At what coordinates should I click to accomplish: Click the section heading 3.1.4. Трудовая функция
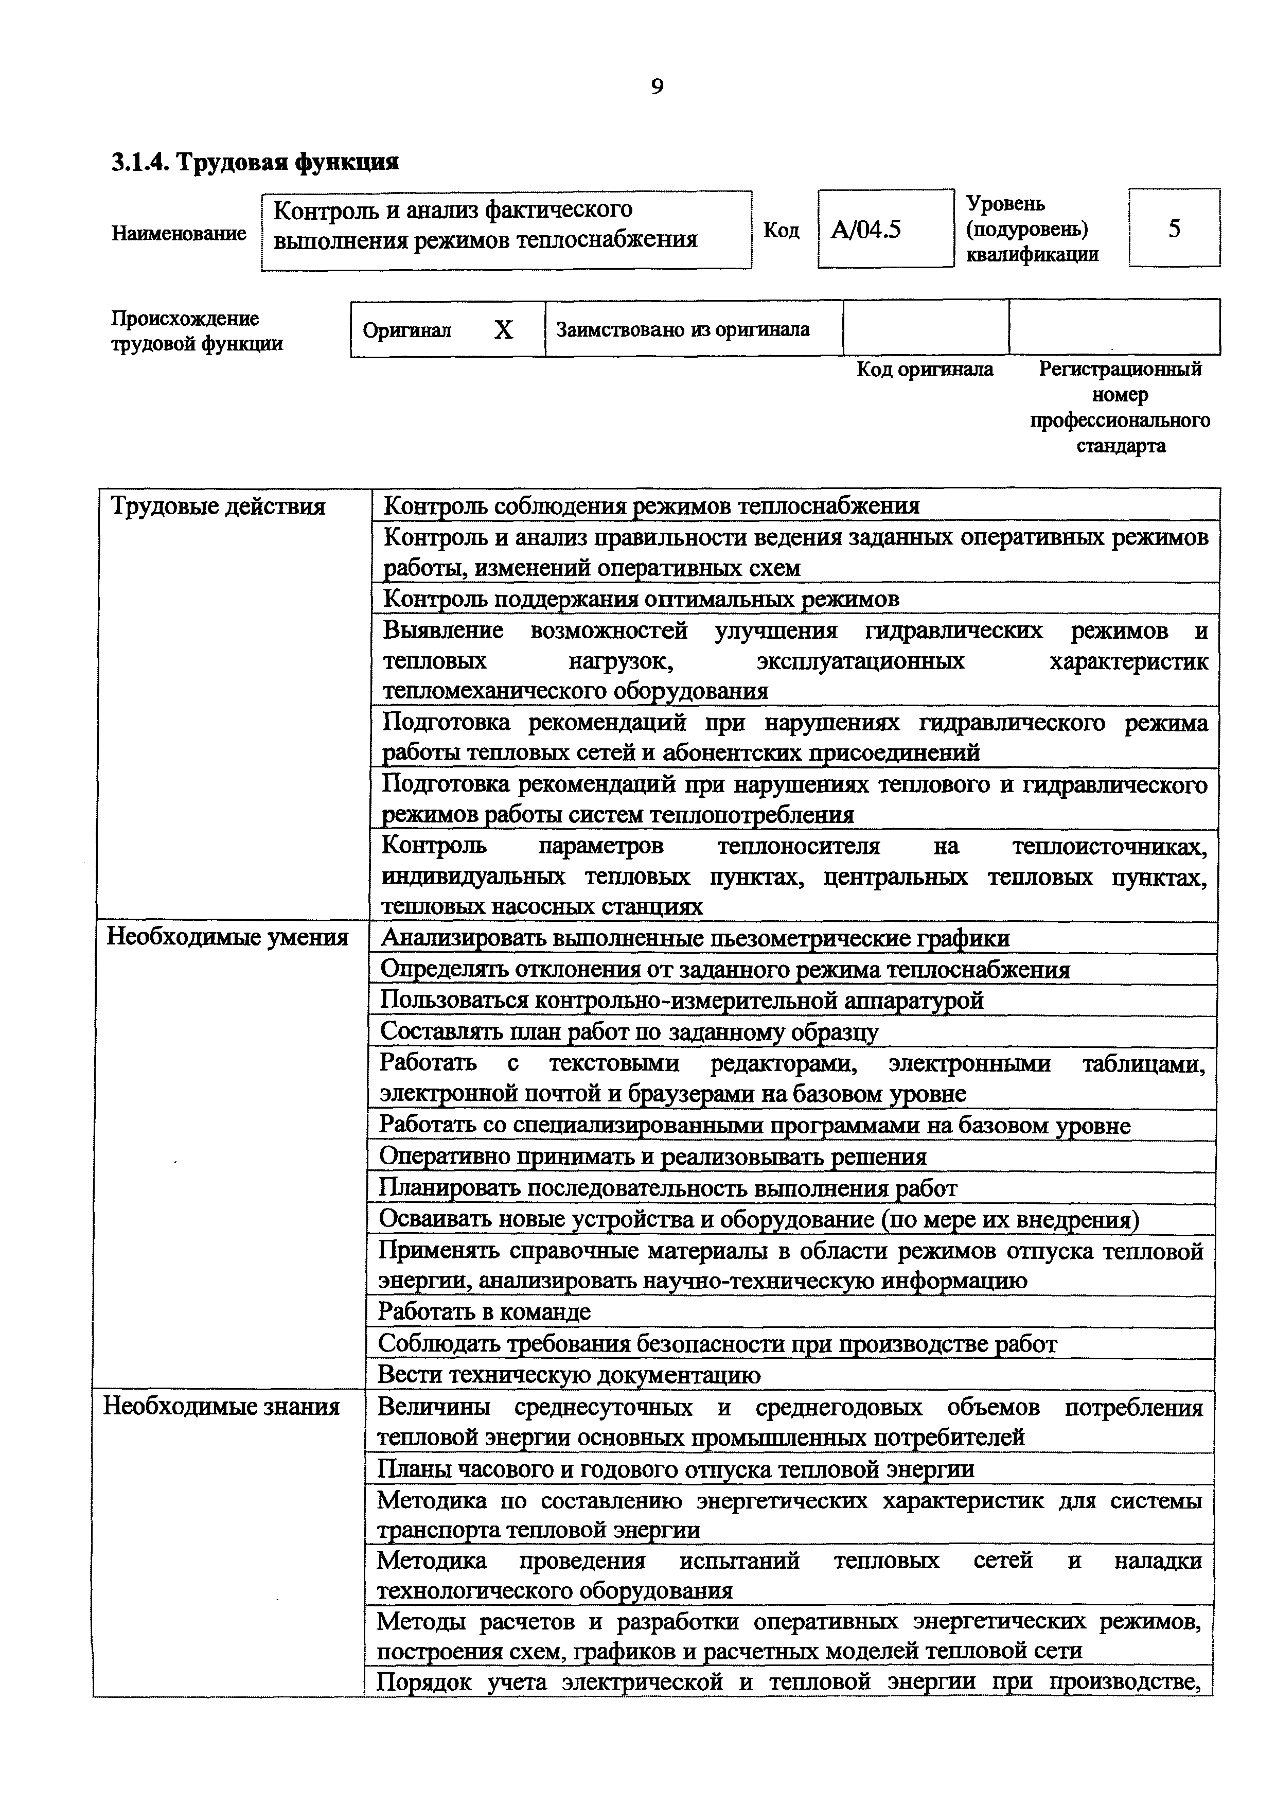pyautogui.click(x=255, y=162)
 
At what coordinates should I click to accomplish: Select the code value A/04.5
pyautogui.click(x=866, y=230)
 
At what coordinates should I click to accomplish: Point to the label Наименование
pyautogui.click(x=179, y=234)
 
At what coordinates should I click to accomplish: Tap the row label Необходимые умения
pyautogui.click(x=227, y=937)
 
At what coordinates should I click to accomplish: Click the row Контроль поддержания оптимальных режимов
pyautogui.click(x=641, y=599)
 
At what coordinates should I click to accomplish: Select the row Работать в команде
pyautogui.click(x=484, y=1311)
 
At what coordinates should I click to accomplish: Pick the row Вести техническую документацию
pyautogui.click(x=569, y=1374)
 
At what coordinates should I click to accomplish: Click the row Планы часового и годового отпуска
pyautogui.click(x=676, y=1468)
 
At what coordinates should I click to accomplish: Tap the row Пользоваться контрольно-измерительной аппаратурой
pyautogui.click(x=681, y=1000)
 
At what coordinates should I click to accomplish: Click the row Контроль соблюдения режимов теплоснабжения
pyautogui.click(x=651, y=505)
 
